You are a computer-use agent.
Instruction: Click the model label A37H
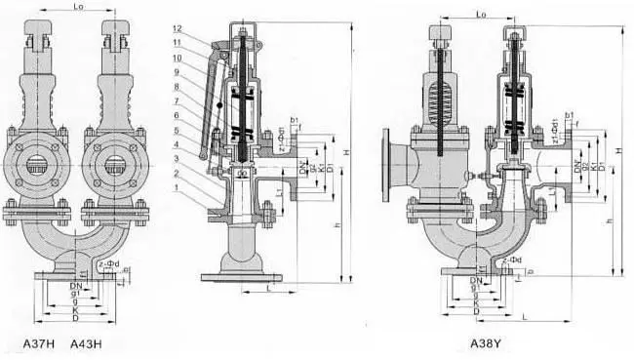coord(40,344)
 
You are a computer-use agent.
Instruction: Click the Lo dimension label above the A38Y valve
coord(480,15)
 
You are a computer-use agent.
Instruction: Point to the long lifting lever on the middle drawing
coord(207,107)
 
